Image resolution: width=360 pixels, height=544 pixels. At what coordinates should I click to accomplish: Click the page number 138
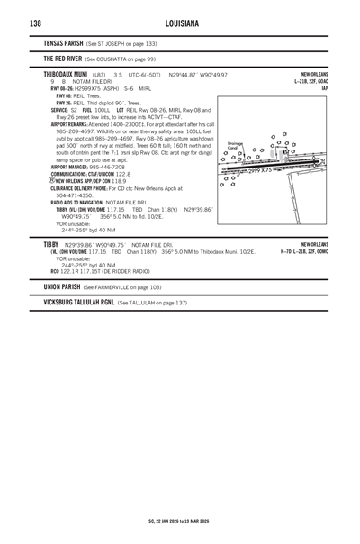[35, 21]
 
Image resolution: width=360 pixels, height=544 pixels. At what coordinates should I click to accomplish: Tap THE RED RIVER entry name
[55, 58]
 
